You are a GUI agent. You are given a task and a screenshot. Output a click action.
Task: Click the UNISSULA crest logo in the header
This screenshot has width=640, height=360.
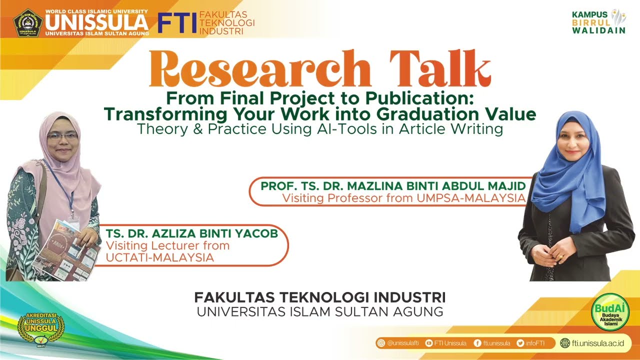tap(28, 22)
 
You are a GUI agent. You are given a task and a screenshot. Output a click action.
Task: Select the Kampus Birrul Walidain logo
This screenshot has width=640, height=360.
tap(598, 21)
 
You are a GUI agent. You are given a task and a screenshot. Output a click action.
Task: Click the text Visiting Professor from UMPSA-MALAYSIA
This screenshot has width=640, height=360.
tap(403, 198)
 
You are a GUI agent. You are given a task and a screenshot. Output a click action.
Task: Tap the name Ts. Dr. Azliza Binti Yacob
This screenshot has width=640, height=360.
tap(191, 234)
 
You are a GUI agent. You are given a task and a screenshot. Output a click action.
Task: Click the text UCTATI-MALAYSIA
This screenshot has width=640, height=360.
tap(160, 257)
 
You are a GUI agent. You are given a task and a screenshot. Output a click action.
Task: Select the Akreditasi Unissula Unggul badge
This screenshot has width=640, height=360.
tap(41, 328)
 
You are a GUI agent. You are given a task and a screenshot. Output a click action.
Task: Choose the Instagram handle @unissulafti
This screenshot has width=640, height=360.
tap(399, 343)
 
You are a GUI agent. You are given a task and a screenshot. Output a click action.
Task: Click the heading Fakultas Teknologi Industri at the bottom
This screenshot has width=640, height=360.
tap(320, 297)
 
